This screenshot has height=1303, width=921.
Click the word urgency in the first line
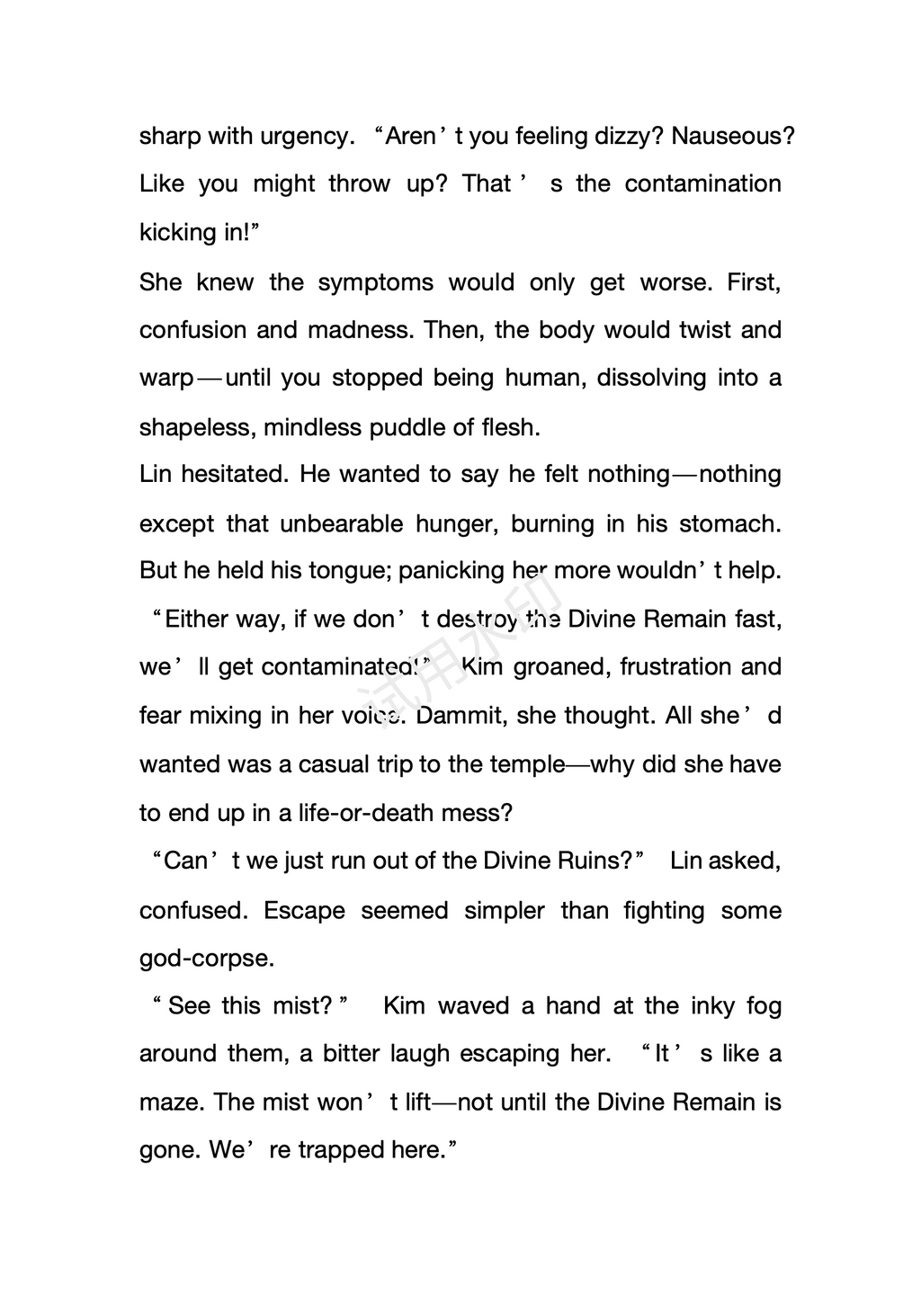point(304,137)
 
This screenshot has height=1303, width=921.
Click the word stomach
point(729,523)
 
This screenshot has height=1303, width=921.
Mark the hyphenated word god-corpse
point(206,959)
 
